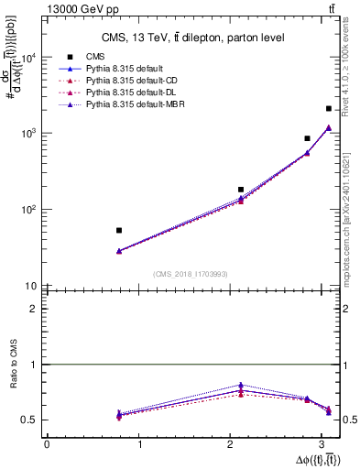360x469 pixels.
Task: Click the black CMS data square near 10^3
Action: click(307, 138)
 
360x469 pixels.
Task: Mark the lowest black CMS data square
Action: click(119, 231)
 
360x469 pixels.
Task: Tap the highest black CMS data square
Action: click(328, 109)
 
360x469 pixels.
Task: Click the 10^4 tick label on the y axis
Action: click(28, 58)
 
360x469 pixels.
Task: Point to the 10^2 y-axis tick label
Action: click(28, 210)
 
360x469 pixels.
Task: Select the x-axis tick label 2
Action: click(234, 445)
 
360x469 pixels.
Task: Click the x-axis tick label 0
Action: click(47, 445)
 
